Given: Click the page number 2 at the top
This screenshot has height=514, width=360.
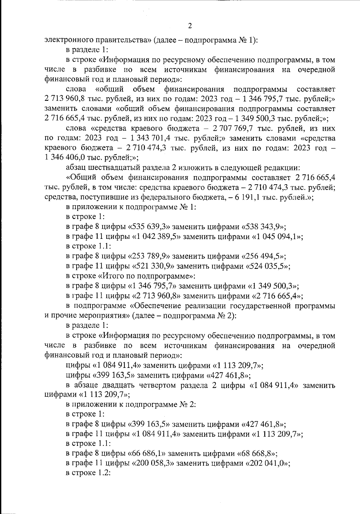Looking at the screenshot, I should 190,26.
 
